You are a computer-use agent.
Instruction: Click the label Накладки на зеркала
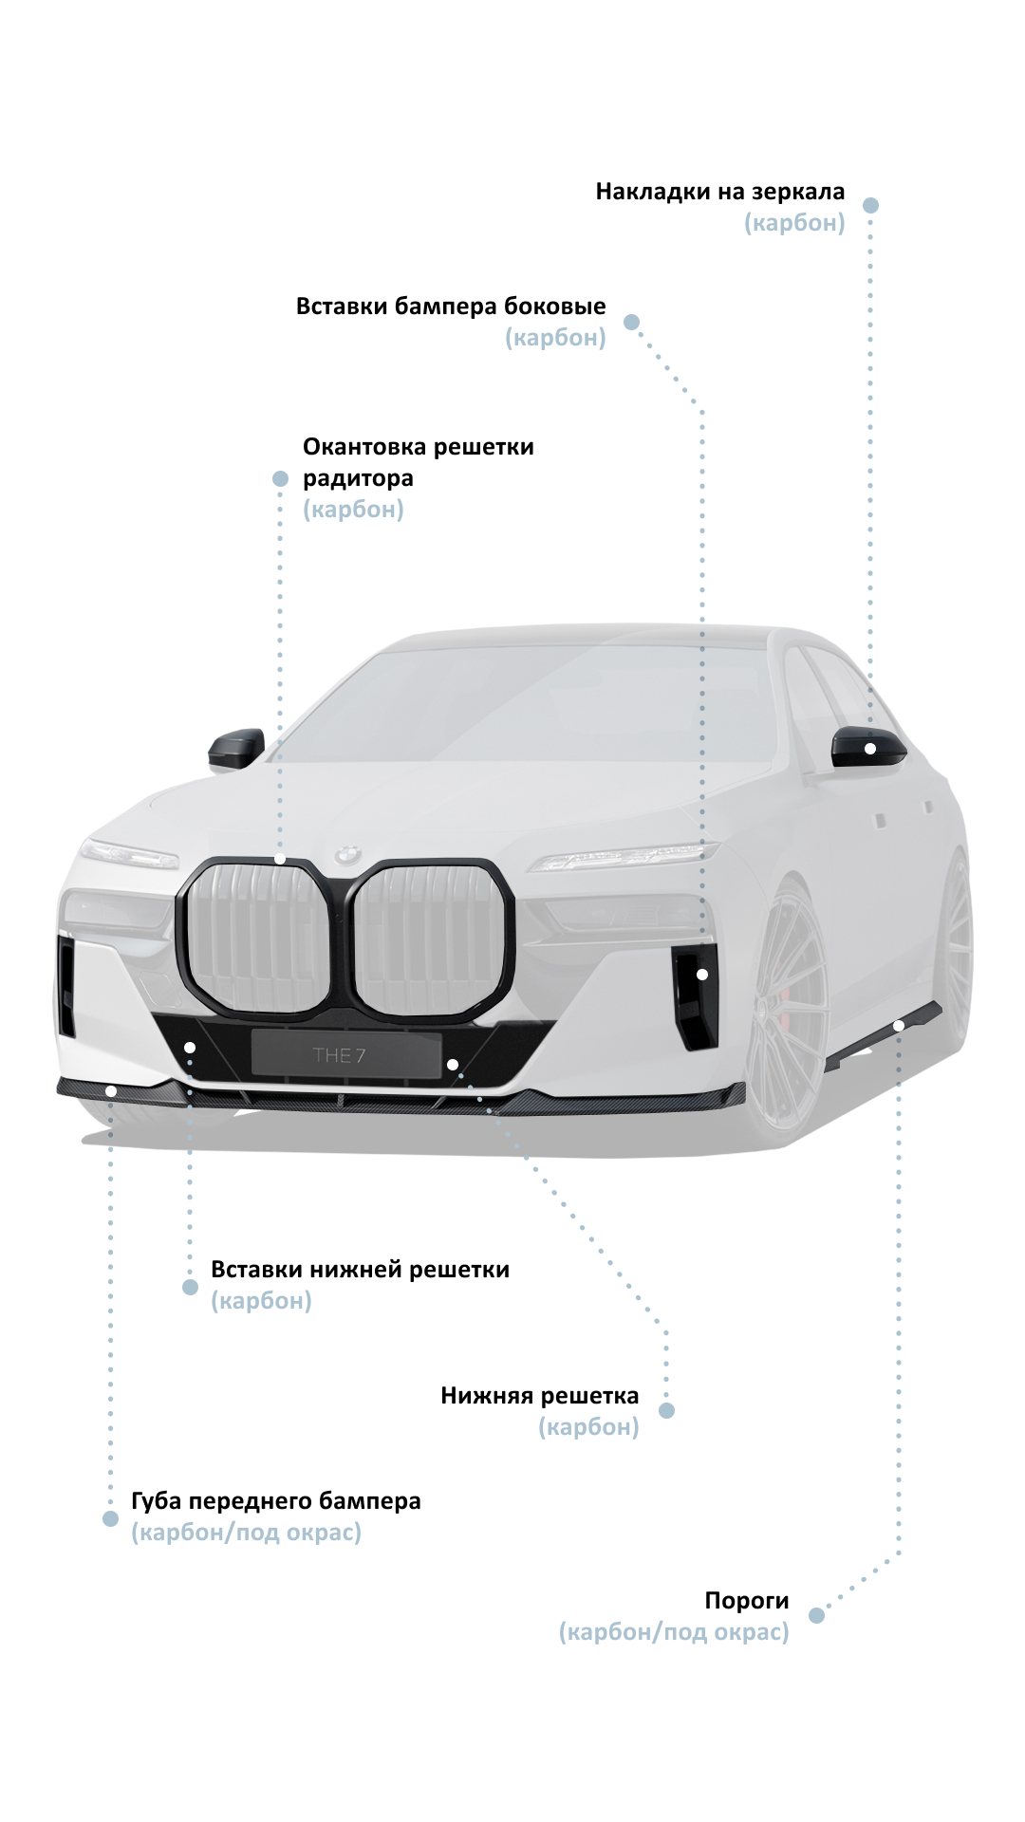tap(719, 192)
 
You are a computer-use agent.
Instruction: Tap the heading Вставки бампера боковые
tap(450, 307)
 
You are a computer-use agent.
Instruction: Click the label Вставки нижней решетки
tap(360, 1270)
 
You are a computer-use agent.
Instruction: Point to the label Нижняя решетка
tap(539, 1396)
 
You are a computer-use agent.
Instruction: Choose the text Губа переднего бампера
tap(275, 1501)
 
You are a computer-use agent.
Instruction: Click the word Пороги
tap(746, 1601)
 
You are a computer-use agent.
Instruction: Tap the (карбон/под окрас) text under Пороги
tap(674, 1632)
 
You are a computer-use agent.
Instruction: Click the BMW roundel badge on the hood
tap(347, 854)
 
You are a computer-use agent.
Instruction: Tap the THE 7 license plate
tap(345, 1054)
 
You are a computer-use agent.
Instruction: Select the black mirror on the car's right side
tap(236, 748)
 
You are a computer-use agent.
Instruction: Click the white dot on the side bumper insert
tap(702, 975)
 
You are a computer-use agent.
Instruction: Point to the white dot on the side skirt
tap(898, 1026)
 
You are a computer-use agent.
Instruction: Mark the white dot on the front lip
tap(111, 1091)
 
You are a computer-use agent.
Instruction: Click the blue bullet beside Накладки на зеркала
tap(870, 205)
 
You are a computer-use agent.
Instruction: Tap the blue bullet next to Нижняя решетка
tap(666, 1411)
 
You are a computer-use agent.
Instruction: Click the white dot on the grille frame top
tap(280, 860)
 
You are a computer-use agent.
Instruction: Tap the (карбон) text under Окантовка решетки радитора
tap(353, 510)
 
